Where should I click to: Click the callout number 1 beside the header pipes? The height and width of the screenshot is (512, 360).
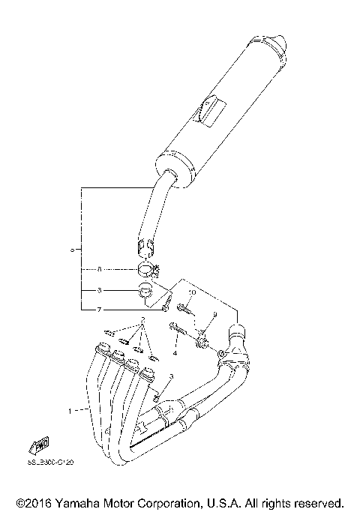pos(71,411)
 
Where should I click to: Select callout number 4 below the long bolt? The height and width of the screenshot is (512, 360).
pos(174,352)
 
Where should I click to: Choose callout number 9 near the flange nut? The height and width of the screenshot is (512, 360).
pos(214,315)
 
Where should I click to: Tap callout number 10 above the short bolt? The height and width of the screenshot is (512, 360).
pos(192,292)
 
